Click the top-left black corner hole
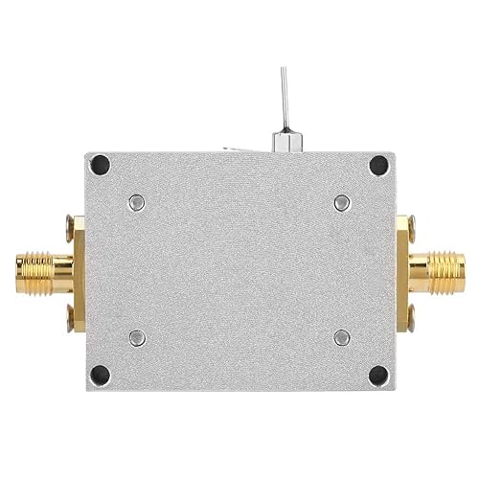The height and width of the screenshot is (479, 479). (x=100, y=166)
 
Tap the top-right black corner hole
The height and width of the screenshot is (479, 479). (x=379, y=166)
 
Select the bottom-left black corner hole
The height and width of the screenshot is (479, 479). (x=100, y=375)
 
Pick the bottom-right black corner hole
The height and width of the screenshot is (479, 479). (x=378, y=375)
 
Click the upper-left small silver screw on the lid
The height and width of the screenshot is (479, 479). (x=137, y=202)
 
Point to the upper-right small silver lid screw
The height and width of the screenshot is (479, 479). (x=342, y=202)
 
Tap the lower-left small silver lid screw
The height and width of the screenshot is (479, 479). (x=137, y=337)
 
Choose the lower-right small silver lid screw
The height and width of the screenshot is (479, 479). (x=342, y=337)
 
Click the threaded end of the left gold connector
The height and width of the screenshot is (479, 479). (x=29, y=271)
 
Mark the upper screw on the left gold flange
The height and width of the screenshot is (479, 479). (x=70, y=228)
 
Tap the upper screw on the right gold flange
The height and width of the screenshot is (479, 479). (x=409, y=228)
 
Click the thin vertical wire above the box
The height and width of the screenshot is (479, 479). (x=284, y=96)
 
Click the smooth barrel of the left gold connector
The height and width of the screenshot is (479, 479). (x=60, y=271)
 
